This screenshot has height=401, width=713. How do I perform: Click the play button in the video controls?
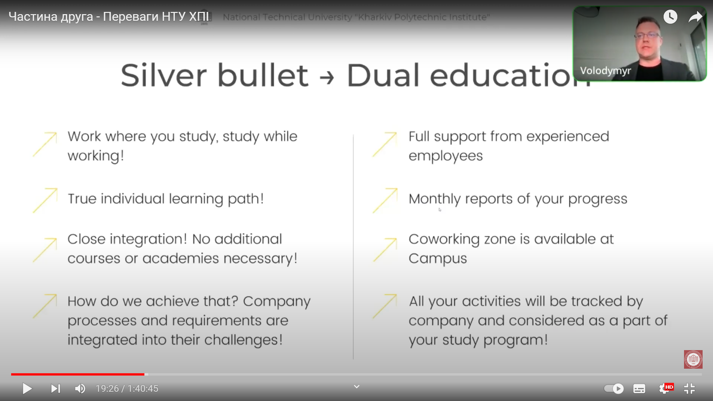tap(27, 388)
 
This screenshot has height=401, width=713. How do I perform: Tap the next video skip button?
tap(55, 388)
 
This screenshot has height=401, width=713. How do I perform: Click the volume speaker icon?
tap(80, 388)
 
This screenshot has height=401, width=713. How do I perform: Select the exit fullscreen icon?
tap(689, 388)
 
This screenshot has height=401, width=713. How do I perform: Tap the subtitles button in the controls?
tap(639, 389)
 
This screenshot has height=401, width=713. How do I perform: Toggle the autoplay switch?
tap(614, 388)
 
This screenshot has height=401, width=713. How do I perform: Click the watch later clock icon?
tap(670, 17)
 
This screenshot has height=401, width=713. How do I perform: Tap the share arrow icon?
tap(696, 17)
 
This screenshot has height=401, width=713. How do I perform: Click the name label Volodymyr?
tap(605, 71)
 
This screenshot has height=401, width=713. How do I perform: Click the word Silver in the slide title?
tap(164, 75)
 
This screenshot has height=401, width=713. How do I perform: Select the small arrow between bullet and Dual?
tap(327, 78)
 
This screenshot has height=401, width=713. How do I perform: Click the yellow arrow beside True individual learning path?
tap(45, 200)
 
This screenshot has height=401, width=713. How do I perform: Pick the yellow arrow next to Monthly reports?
tap(385, 200)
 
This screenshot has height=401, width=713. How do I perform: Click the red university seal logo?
tap(693, 359)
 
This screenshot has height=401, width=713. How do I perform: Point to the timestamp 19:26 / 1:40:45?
tap(127, 388)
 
